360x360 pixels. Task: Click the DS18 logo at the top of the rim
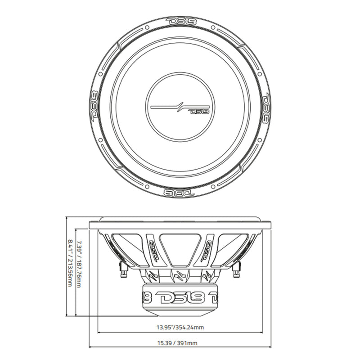(180, 21)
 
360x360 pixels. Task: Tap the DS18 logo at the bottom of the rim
(180, 192)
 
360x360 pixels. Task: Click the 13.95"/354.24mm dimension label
(180, 328)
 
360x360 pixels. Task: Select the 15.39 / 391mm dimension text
(180, 343)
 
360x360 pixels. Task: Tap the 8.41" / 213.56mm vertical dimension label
(70, 265)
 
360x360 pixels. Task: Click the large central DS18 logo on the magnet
(180, 297)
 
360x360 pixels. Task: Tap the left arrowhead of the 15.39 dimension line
(91, 347)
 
